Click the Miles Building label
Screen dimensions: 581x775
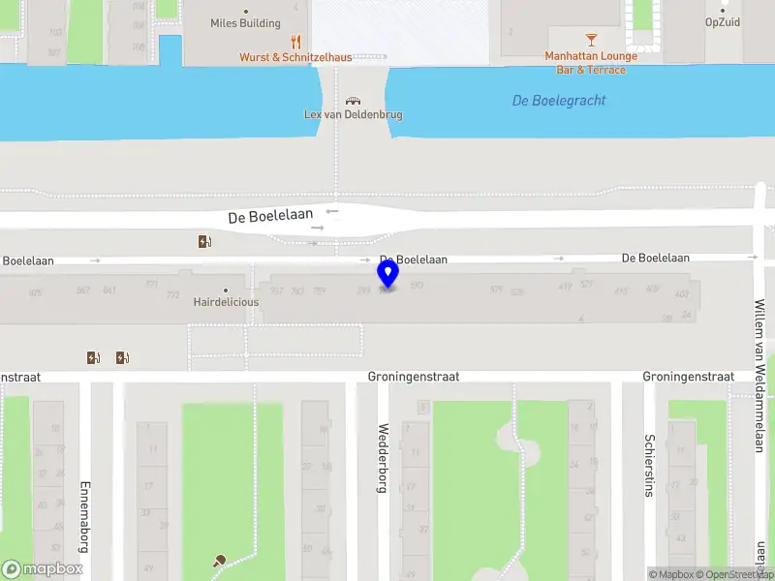(246, 23)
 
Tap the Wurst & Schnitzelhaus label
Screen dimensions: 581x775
(297, 57)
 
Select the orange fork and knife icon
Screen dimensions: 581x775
(296, 42)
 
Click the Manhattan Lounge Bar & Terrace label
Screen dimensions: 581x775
(591, 63)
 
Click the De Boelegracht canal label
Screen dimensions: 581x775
(559, 101)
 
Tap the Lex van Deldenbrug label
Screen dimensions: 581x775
(354, 114)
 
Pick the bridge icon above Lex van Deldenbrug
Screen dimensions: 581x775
(354, 100)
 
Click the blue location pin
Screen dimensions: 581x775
(388, 275)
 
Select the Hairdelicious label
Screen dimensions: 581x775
(226, 302)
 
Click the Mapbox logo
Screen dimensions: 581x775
(43, 569)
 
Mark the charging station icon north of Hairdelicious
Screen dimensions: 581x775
(204, 242)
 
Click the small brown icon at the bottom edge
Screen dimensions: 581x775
(221, 561)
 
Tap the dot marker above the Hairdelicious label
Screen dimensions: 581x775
(226, 290)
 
